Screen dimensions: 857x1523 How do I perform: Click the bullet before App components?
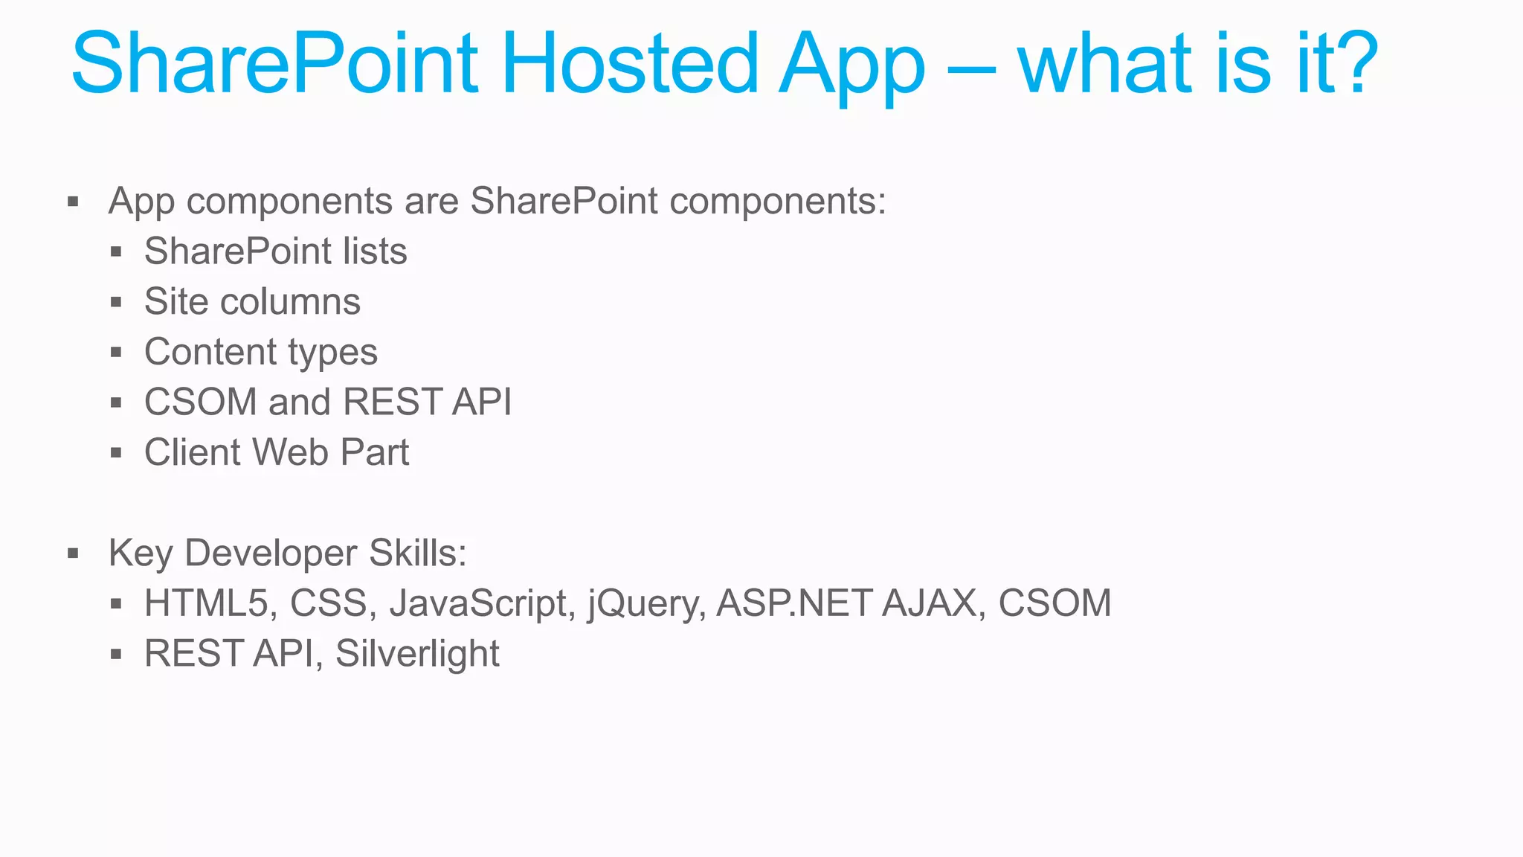(73, 202)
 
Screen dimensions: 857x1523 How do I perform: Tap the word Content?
(210, 352)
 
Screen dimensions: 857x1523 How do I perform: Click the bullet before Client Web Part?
(116, 452)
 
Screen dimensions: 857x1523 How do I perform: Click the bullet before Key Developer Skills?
(73, 553)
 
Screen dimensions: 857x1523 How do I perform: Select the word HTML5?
(205, 603)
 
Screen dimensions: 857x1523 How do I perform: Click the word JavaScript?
(478, 603)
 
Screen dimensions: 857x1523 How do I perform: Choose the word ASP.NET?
(793, 603)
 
